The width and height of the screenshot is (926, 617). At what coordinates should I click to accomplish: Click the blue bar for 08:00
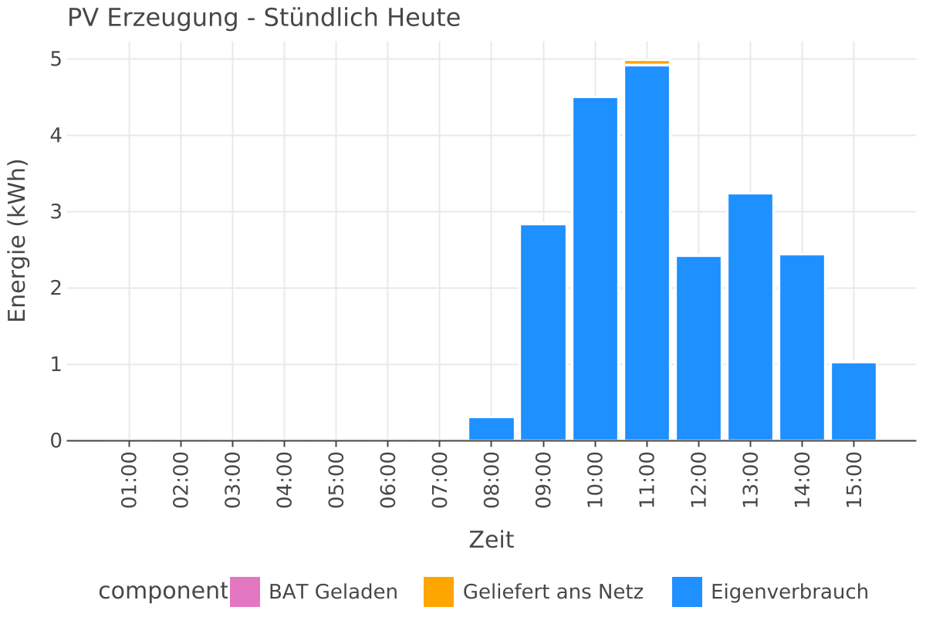pyautogui.click(x=492, y=429)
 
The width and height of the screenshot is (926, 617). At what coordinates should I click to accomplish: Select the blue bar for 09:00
pyautogui.click(x=543, y=332)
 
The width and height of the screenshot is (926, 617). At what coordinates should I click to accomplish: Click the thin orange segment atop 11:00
pyautogui.click(x=647, y=62)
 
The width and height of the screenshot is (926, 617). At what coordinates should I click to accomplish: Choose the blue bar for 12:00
pyautogui.click(x=698, y=348)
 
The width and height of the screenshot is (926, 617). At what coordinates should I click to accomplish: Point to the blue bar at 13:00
pyautogui.click(x=750, y=317)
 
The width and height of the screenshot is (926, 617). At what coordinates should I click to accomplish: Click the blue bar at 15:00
pyautogui.click(x=853, y=401)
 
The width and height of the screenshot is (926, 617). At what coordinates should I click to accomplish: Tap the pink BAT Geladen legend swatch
pyautogui.click(x=245, y=592)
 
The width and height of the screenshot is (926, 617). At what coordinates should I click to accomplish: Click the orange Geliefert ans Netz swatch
pyautogui.click(x=439, y=592)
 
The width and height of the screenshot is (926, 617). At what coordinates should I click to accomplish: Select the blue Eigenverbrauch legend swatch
pyautogui.click(x=687, y=592)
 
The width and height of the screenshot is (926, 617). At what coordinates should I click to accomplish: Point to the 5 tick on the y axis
pyautogui.click(x=55, y=59)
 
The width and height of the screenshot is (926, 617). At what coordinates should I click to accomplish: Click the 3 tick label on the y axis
pyautogui.click(x=55, y=212)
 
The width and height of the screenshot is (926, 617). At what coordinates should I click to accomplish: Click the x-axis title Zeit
pyautogui.click(x=492, y=540)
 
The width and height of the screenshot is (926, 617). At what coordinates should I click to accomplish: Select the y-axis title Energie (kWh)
pyautogui.click(x=17, y=241)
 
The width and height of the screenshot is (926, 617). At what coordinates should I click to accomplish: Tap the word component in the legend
pyautogui.click(x=163, y=592)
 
